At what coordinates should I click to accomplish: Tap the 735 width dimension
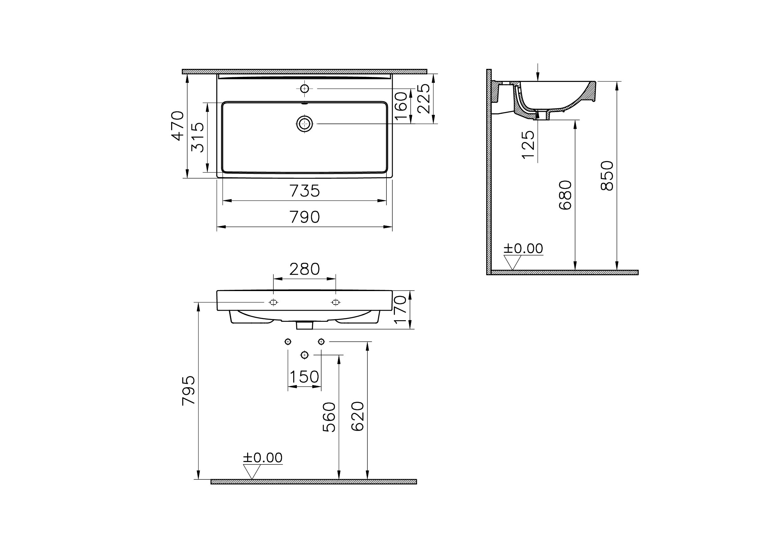coord(304,191)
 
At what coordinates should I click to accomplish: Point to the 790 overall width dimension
coord(304,218)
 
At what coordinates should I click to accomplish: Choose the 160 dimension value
coord(401,106)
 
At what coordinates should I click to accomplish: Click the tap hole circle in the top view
coord(304,89)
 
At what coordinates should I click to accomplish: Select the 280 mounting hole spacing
coord(304,269)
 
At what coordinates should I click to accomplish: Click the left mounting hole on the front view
coord(273,303)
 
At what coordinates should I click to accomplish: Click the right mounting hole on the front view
coord(335,303)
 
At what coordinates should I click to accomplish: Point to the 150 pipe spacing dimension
coord(304,377)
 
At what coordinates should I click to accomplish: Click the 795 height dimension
coord(189,391)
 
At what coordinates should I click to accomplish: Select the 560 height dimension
coord(329,417)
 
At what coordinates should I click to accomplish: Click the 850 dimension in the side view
coord(607,176)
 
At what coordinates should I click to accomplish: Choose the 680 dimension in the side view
coord(565,195)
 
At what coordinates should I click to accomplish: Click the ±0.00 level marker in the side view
coord(523,249)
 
